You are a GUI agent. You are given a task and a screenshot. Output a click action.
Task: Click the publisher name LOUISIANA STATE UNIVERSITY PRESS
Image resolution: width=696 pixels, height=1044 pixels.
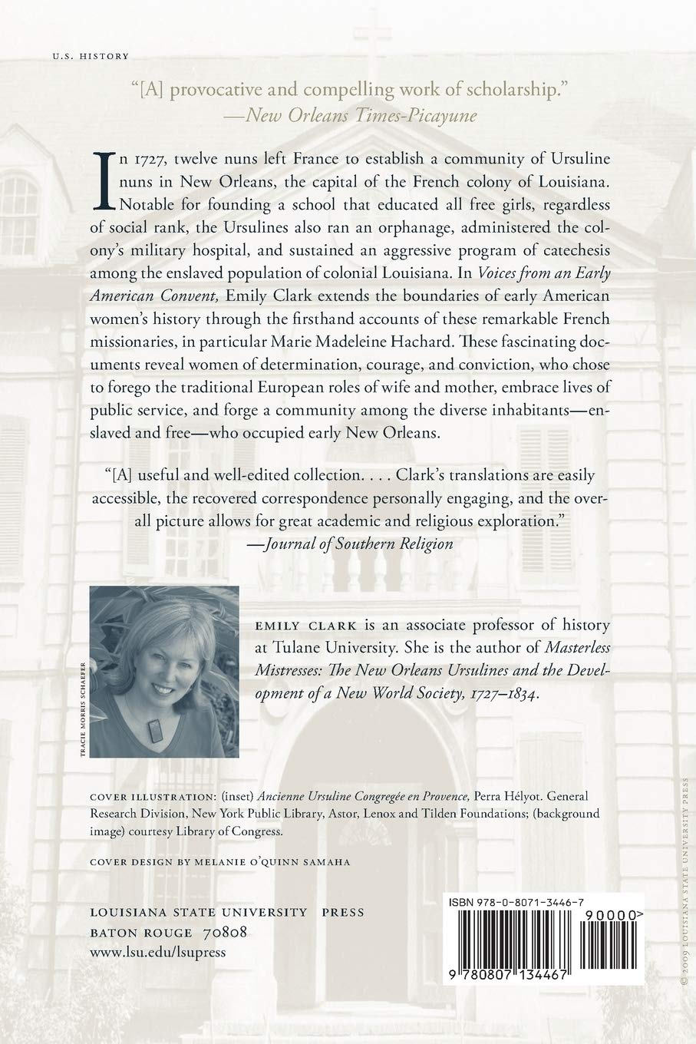(x=227, y=912)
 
